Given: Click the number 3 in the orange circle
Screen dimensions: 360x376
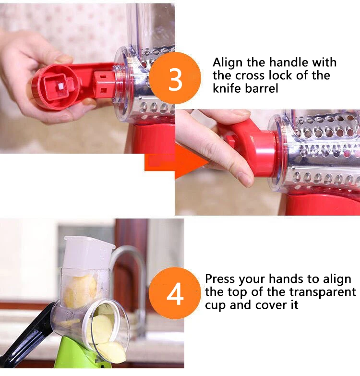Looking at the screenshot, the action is [175, 79].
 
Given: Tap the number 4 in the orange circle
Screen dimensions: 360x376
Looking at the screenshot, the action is [175, 294].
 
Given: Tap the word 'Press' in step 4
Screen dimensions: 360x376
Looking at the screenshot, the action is [220, 279].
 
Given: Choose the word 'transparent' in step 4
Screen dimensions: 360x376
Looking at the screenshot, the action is [323, 292].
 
